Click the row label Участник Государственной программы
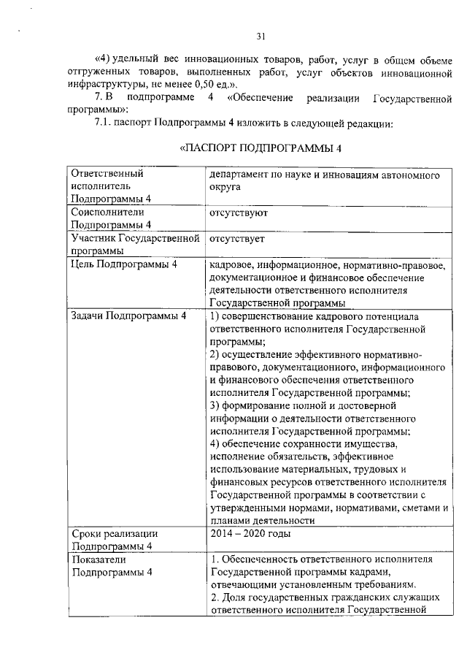(134, 245)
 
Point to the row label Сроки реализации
(114, 533)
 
